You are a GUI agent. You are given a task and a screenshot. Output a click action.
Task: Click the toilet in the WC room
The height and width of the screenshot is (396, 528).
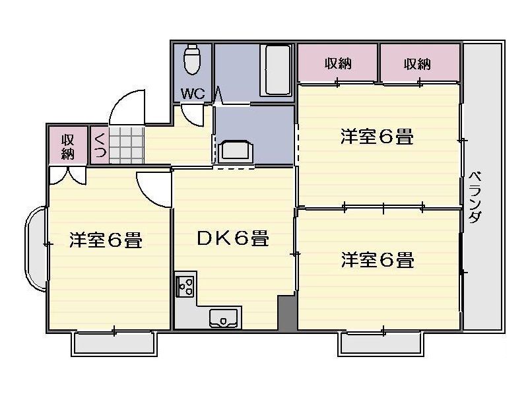point(191,59)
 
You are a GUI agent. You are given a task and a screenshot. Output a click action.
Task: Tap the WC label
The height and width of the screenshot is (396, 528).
point(193,93)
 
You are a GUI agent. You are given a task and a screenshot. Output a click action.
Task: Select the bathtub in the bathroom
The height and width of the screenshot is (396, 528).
point(276,70)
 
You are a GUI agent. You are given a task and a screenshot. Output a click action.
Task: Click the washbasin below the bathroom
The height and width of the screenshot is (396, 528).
point(235,150)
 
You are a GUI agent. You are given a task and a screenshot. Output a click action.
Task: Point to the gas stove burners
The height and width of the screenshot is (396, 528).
point(185,286)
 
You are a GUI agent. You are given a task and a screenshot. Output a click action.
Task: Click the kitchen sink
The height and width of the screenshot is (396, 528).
point(226,318)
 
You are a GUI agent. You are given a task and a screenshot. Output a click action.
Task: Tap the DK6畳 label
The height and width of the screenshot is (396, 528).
point(233,238)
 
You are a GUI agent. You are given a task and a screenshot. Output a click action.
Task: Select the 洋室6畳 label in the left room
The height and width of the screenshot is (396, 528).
point(106,241)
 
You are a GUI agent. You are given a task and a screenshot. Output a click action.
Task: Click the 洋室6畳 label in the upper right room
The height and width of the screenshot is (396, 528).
point(377,137)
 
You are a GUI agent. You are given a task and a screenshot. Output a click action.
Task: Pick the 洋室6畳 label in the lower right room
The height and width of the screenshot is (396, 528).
point(377,259)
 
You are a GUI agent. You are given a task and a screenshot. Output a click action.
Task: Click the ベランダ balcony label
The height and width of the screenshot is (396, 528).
point(475,198)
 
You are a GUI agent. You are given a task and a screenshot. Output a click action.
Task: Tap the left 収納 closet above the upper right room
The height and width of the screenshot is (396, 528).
point(337,64)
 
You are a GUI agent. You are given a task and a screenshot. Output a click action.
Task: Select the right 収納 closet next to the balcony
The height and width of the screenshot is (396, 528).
point(418,64)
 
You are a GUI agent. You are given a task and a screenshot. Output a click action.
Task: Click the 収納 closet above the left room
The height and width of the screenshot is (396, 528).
point(67,146)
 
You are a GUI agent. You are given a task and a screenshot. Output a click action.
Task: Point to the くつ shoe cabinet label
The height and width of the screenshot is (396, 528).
point(100,146)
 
